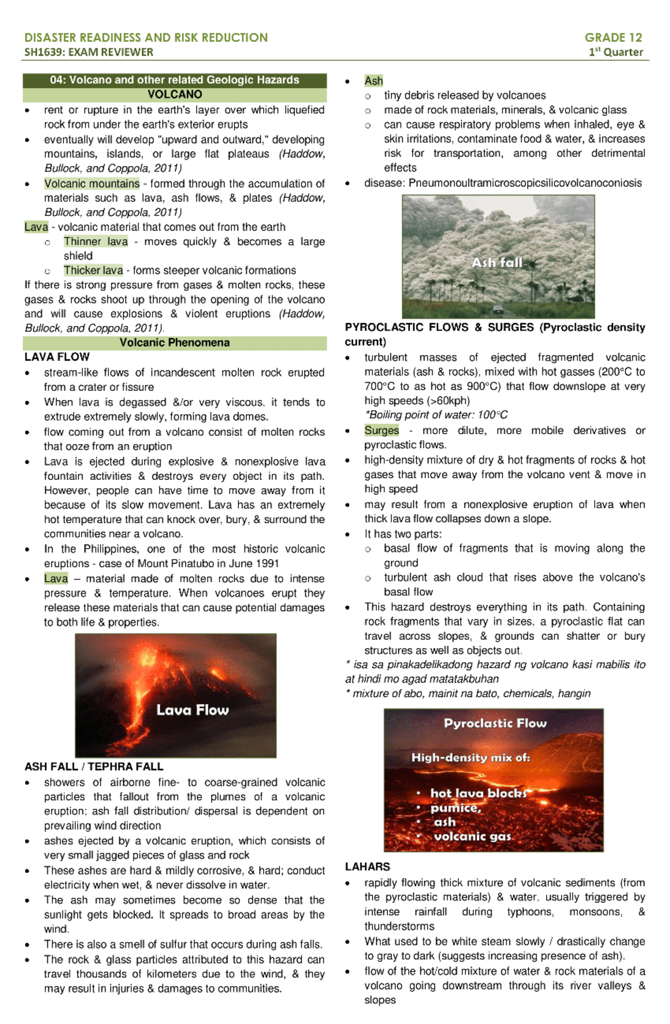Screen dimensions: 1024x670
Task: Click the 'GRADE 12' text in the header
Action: tap(613, 37)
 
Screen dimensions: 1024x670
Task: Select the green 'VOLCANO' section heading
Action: tap(175, 94)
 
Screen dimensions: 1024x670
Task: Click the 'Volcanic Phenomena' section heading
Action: tap(174, 343)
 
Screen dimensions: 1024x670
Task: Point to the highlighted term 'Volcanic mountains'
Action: tap(92, 184)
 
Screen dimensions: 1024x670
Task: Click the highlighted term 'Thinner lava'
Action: tap(95, 242)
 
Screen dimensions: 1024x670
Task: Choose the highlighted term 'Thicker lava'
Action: tap(93, 271)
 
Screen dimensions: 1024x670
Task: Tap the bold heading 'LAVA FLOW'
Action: tap(57, 357)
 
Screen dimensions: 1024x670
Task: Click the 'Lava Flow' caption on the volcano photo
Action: tap(192, 710)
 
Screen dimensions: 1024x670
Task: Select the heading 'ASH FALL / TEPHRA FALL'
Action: tap(94, 767)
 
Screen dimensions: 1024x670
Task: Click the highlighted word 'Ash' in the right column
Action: tap(374, 81)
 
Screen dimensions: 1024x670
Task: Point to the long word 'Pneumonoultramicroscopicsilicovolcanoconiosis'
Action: tap(525, 183)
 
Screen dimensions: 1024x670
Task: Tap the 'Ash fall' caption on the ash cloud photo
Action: tap(497, 263)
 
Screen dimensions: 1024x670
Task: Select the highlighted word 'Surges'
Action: tap(381, 430)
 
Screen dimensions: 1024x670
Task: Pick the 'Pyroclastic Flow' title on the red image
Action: tap(495, 723)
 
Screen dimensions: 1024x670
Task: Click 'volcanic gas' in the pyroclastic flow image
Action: tap(472, 836)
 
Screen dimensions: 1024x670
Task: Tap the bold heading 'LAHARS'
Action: tap(367, 867)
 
